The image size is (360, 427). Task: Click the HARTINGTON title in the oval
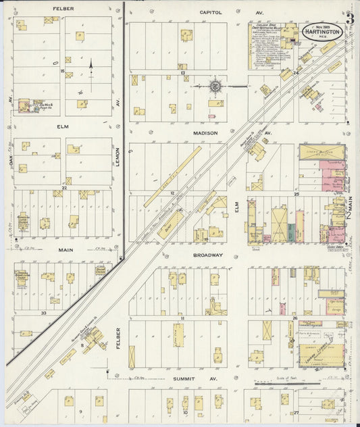click(x=322, y=31)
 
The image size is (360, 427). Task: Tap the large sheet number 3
click(x=349, y=18)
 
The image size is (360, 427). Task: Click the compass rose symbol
click(x=215, y=86)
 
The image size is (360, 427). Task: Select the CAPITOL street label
click(x=211, y=12)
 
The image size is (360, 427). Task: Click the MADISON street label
click(x=206, y=133)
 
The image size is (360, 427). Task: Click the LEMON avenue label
click(x=117, y=161)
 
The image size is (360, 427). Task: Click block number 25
click(x=296, y=194)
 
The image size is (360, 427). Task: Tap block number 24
click(x=296, y=72)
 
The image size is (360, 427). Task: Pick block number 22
click(x=64, y=188)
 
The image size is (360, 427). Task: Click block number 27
click(x=296, y=411)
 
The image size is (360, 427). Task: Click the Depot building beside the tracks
click(x=170, y=223)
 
